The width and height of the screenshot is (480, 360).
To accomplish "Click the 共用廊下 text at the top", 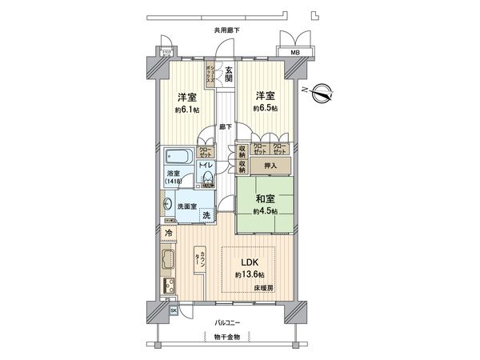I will [x=226, y=30].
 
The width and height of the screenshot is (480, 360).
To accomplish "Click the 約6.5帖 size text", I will [x=266, y=107].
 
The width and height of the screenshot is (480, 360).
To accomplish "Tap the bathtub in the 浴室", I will [x=179, y=155].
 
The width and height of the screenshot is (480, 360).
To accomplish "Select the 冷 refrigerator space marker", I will [x=168, y=233].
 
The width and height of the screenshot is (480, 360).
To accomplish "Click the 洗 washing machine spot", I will [x=206, y=216].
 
